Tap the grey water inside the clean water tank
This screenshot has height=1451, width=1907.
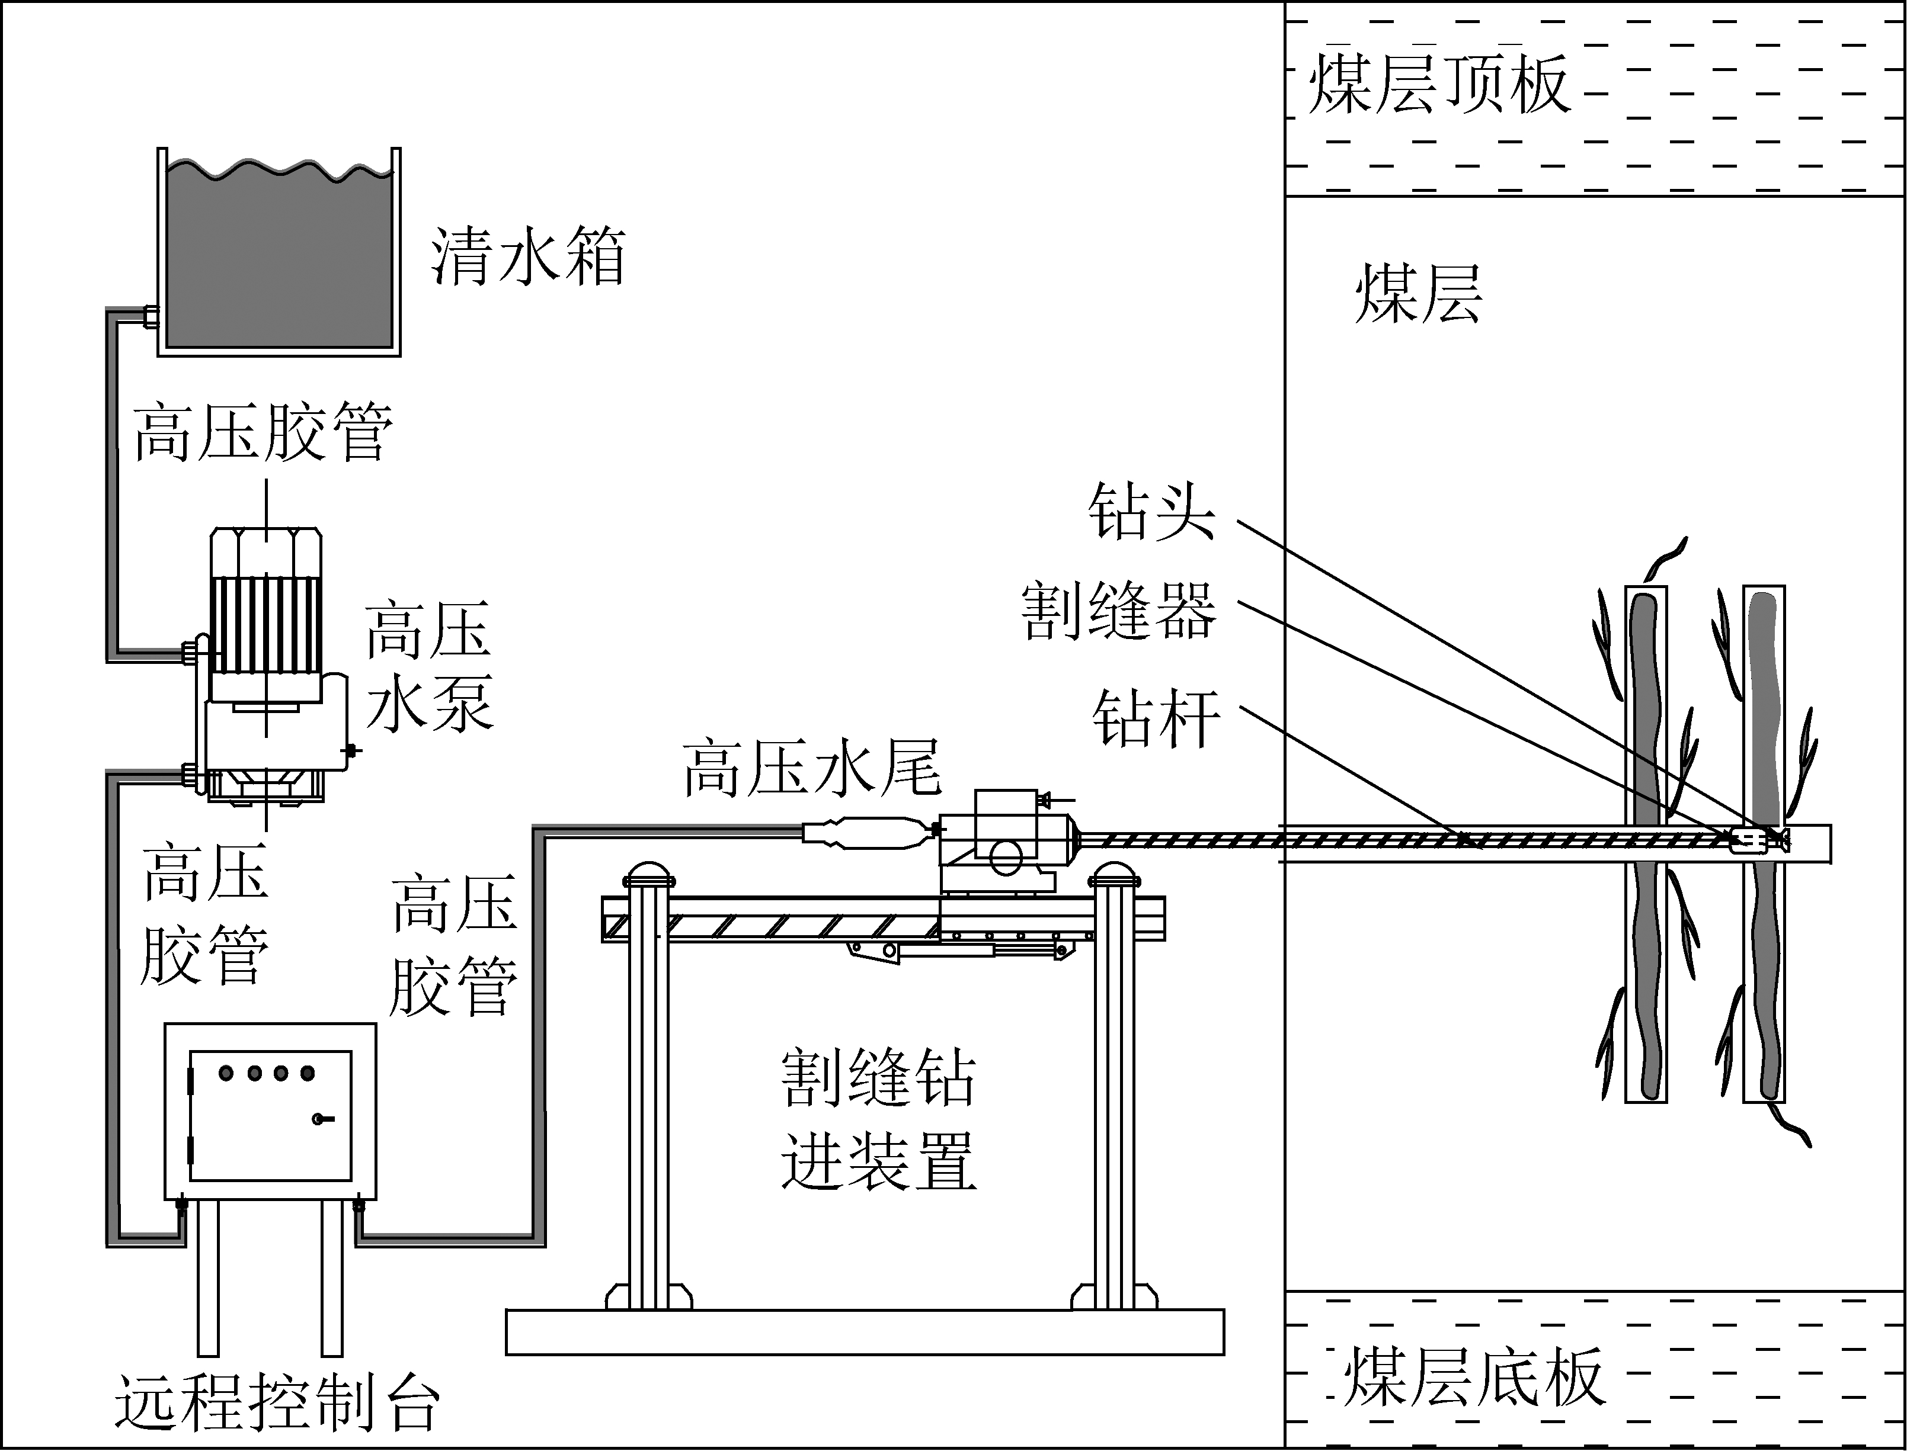(279, 259)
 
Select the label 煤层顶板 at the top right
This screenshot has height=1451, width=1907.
(1439, 84)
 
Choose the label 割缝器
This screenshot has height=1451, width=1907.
(1118, 611)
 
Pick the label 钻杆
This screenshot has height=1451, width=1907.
(1156, 718)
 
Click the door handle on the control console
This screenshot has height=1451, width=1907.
(322, 1120)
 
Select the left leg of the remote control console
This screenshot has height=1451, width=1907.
(207, 1278)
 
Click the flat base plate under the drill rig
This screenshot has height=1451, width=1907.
(864, 1332)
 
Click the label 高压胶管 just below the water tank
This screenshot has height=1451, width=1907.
(264, 431)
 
